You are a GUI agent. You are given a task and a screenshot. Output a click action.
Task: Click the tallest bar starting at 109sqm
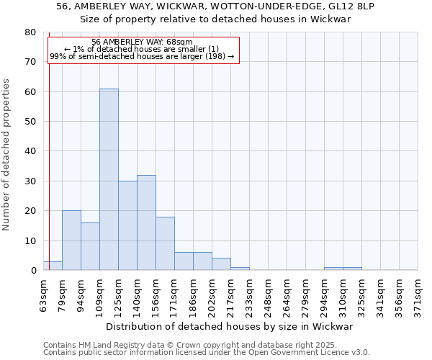pos(109,179)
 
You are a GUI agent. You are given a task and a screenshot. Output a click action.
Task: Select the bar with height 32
pos(146,222)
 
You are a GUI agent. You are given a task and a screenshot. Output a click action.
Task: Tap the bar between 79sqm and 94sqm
pos(71,240)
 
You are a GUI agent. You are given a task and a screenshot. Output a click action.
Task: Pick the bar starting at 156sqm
pos(165,243)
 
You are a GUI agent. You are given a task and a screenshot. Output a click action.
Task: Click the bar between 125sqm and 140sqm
pos(127,225)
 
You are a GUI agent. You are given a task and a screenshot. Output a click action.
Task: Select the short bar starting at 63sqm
pos(53,266)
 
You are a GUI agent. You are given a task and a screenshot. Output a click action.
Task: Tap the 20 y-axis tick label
pos(30,211)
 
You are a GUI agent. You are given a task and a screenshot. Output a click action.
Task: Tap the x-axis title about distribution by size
pos(234,326)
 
